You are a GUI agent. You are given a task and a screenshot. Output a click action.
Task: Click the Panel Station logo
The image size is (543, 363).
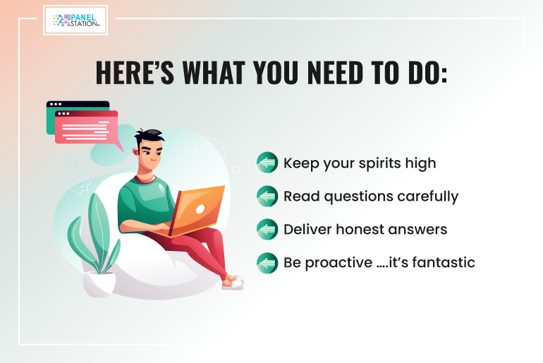[75, 20]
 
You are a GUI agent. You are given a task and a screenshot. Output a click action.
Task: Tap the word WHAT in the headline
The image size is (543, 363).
[214, 73]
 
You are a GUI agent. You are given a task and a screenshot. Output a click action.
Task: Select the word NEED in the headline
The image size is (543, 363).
[335, 73]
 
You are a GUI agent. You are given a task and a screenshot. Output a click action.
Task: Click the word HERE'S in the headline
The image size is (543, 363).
[135, 73]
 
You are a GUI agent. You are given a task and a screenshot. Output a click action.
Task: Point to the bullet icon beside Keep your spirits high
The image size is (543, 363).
[267, 162]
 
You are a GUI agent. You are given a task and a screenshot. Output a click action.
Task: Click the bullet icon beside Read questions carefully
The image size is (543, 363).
[267, 196]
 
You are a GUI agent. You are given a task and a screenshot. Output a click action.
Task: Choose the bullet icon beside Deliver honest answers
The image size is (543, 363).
[267, 229]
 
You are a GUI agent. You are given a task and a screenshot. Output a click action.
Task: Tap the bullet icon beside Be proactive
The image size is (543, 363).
[267, 263]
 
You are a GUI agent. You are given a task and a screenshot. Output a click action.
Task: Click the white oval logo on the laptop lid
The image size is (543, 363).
[200, 209]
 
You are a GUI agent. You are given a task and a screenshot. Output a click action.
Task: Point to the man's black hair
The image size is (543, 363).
[148, 137]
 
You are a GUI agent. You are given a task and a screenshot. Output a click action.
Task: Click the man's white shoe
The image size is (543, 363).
[233, 283]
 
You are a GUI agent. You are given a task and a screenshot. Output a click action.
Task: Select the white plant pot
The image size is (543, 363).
[99, 284]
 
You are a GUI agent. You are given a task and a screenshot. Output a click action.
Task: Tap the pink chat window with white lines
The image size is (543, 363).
[87, 127]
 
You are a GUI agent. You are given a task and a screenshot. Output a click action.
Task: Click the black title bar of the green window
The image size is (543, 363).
[78, 104]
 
